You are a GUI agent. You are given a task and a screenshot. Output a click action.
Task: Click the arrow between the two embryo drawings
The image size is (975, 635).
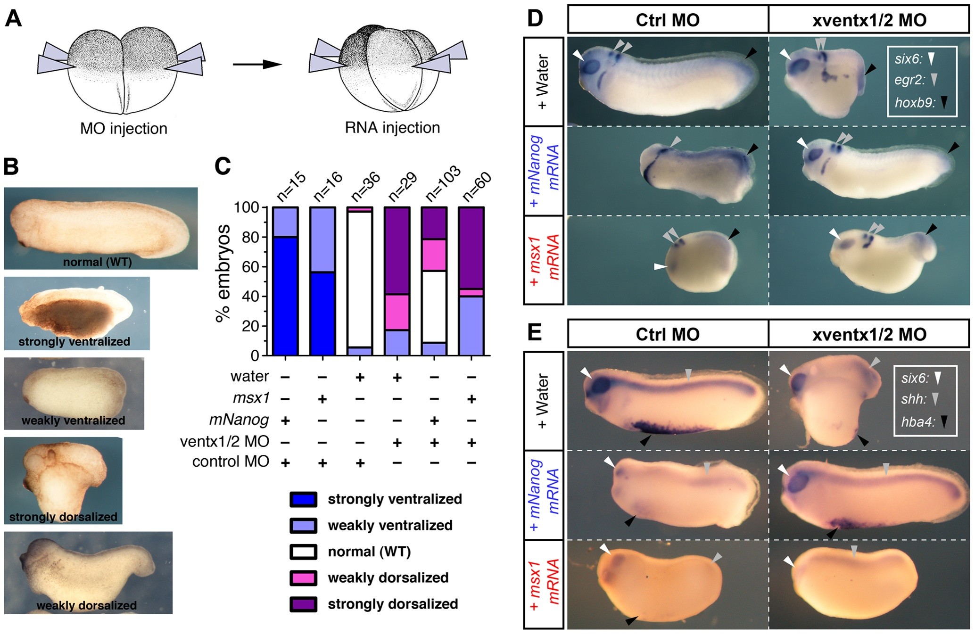[257, 64]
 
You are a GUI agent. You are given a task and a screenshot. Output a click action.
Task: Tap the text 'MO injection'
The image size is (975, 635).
[124, 128]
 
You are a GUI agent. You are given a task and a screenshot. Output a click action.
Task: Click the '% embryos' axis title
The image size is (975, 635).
[223, 273]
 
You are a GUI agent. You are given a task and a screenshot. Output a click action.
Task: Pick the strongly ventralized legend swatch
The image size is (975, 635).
[303, 499]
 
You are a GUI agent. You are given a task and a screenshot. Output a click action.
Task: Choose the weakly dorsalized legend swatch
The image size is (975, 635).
[303, 578]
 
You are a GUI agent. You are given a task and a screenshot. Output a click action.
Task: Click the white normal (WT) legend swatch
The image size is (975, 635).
[303, 552]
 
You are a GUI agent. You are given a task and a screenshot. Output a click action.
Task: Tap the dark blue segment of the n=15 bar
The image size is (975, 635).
[285, 296]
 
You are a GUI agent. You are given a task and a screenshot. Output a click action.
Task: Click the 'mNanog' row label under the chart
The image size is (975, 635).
[239, 420]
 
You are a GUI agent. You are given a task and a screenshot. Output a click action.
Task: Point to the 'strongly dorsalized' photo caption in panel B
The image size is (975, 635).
[63, 517]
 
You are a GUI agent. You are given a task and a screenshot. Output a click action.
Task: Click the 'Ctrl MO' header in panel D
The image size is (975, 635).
[667, 20]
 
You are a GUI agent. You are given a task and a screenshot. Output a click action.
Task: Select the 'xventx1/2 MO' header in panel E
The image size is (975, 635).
[869, 334]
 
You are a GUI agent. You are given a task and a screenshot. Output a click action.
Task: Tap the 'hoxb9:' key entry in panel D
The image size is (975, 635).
[915, 102]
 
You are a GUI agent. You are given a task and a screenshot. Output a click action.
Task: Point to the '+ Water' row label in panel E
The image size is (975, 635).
[544, 401]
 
